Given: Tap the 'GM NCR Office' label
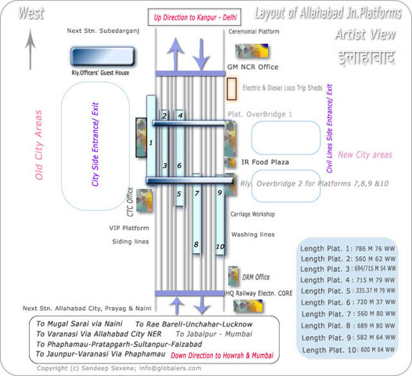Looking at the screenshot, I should tap(252, 68).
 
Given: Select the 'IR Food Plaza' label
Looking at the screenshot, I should tap(266, 162).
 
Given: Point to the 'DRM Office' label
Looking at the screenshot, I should tap(257, 277).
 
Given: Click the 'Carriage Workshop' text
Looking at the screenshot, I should tap(252, 214).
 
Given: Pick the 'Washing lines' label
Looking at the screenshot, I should tap(253, 234).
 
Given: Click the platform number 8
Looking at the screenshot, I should tap(197, 245).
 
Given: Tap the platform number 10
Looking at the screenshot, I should tap(220, 246).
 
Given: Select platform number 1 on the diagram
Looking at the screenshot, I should tap(150, 143).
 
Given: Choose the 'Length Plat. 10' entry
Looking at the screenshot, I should tap(348, 349).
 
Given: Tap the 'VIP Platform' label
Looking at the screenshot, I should tap(128, 228).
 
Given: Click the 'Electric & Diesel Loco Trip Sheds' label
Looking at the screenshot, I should tap(282, 88).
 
